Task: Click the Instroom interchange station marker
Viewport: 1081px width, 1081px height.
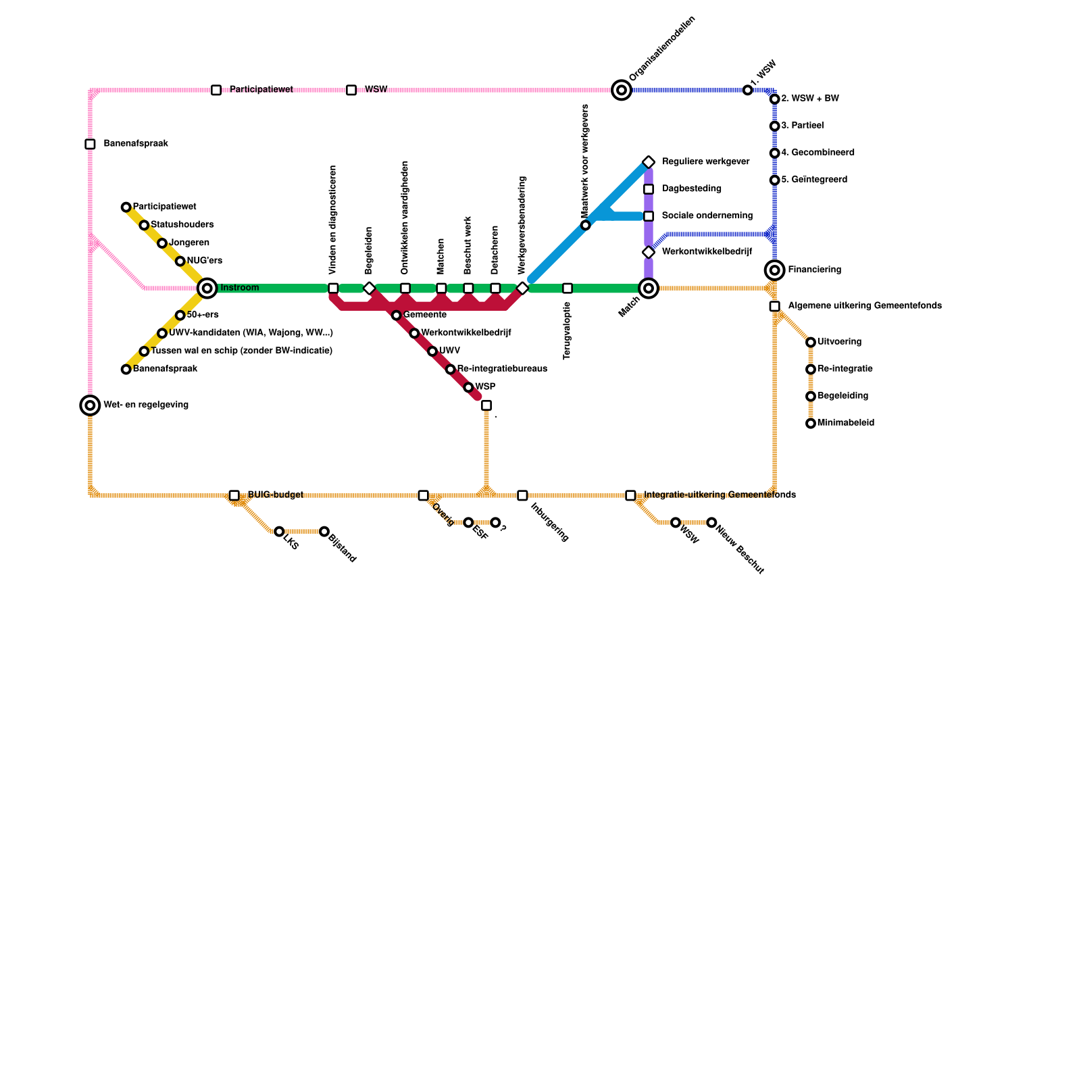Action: [x=207, y=288]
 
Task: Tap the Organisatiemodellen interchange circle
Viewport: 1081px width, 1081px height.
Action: [x=622, y=90]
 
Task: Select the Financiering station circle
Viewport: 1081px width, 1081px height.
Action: [x=774, y=270]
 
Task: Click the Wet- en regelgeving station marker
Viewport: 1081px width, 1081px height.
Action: [x=90, y=405]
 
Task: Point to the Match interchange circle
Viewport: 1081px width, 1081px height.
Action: [x=649, y=288]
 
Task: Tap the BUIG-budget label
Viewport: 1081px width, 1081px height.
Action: [x=275, y=495]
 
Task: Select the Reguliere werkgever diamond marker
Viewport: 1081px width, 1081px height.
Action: [x=649, y=162]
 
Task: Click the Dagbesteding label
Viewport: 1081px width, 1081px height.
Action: [x=691, y=189]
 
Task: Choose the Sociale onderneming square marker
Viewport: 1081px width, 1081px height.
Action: [x=649, y=216]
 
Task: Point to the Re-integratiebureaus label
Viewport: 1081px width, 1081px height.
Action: [x=501, y=369]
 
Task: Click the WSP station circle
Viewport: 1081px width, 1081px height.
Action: [x=468, y=387]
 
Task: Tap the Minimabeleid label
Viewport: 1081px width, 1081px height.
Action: [x=845, y=423]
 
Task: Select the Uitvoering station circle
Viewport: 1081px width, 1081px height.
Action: [x=811, y=343]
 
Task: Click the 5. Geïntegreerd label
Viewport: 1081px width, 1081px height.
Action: [x=813, y=180]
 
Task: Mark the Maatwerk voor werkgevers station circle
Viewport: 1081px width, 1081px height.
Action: [x=585, y=225]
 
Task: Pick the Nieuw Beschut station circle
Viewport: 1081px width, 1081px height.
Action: [x=711, y=522]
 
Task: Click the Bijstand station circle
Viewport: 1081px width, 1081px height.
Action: [x=324, y=532]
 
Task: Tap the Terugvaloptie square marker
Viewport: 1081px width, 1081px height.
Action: [x=568, y=288]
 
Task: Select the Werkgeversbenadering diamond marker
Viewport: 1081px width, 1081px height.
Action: [x=522, y=288]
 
